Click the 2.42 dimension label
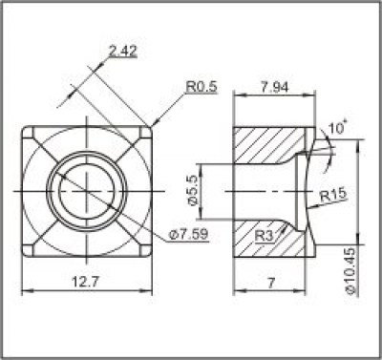(x=123, y=52)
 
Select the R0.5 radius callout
(x=202, y=87)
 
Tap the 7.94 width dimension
(x=275, y=88)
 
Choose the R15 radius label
(x=332, y=196)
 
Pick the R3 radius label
(x=266, y=234)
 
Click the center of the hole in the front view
(x=86, y=189)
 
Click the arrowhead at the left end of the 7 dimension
(x=237, y=290)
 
